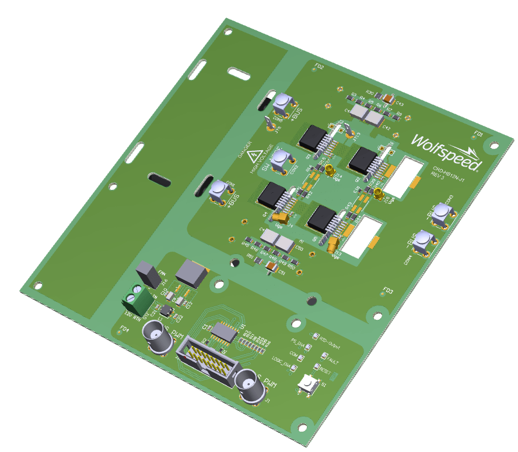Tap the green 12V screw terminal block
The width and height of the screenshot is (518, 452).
point(136,298)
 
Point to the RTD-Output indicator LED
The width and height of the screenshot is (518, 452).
point(316,337)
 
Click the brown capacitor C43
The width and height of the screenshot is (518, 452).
point(388,97)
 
